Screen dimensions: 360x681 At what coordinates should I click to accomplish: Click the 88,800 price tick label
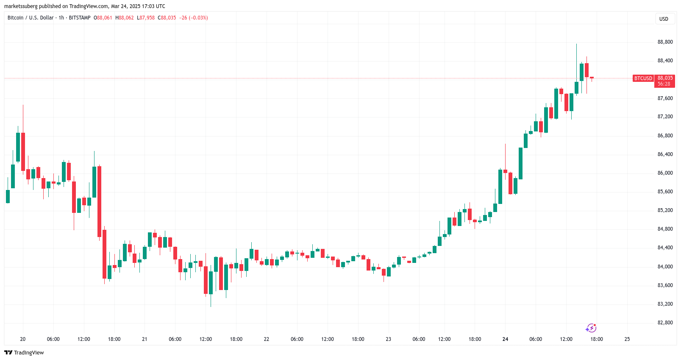(x=665, y=42)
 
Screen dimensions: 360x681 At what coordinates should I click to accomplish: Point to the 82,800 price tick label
(x=665, y=323)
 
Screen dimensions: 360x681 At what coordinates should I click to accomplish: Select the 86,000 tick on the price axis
(x=665, y=173)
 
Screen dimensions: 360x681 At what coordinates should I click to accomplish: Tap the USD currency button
(x=664, y=19)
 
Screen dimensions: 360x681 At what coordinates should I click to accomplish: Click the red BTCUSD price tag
(x=643, y=78)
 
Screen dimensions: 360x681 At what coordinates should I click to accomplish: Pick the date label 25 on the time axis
(x=627, y=339)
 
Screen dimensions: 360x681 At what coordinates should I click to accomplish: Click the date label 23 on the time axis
(x=388, y=339)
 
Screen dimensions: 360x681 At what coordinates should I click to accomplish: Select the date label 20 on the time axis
(x=23, y=339)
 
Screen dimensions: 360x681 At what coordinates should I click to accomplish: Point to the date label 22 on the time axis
(x=267, y=339)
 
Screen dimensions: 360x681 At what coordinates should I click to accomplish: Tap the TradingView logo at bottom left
(x=24, y=353)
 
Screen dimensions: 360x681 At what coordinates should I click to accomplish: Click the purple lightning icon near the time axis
(x=591, y=328)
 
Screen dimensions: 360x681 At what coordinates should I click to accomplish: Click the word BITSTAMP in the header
(x=80, y=18)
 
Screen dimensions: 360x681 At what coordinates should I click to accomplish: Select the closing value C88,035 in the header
(x=167, y=18)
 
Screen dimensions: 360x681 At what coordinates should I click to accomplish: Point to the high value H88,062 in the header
(x=125, y=18)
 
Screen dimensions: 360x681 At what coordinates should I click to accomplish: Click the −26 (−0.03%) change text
(x=194, y=18)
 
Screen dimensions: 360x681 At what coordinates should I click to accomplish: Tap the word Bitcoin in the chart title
(x=16, y=18)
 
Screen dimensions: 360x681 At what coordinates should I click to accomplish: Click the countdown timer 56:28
(x=664, y=84)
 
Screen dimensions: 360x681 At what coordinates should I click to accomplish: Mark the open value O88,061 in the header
(x=103, y=18)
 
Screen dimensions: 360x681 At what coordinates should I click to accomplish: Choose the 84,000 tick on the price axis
(x=665, y=267)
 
